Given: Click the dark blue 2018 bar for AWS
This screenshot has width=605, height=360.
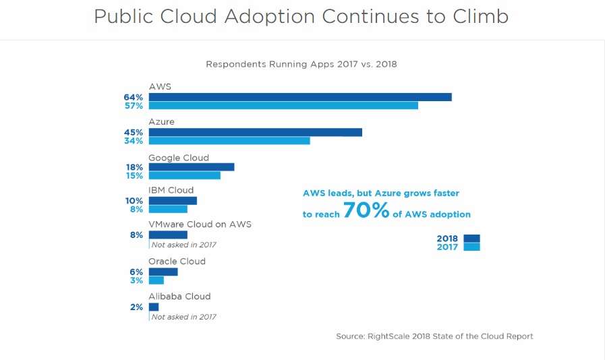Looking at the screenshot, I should point(300,97).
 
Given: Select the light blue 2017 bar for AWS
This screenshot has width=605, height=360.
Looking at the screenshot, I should point(283,106).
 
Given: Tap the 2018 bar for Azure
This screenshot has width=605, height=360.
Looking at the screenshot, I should point(255,132).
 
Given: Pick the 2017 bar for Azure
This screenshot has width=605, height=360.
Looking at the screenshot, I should point(229,141).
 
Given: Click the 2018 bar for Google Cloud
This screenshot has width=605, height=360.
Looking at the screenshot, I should point(192,167).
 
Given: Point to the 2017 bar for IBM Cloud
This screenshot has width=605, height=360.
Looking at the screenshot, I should point(168,209).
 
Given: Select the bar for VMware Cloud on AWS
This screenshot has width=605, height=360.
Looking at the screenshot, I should point(168,235).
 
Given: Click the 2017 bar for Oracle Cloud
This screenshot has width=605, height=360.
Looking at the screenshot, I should point(156,280).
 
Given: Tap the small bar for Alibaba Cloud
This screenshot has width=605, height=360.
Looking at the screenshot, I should point(154,307).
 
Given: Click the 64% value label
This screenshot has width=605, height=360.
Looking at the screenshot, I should point(133,97).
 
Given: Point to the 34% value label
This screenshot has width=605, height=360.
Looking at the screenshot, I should point(133,141).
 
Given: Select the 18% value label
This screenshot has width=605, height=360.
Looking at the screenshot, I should point(134,167).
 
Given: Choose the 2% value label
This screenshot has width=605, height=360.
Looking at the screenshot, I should point(137,307).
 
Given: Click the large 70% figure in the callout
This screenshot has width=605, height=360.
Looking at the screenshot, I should point(366,211).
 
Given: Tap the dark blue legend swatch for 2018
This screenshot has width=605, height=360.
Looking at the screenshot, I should point(472,238).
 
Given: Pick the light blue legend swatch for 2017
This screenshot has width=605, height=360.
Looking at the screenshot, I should point(472,247).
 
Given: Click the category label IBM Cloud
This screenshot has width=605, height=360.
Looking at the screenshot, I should point(171,190).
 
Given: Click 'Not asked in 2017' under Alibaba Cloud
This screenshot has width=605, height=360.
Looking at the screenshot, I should point(183,316).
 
